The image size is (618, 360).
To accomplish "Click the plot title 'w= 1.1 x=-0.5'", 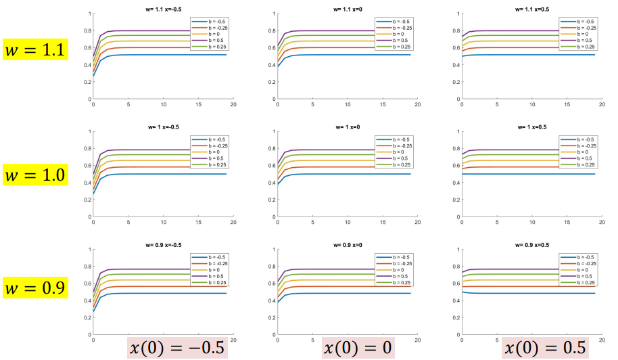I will [162, 9].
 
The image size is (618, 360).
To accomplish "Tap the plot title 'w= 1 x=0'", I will [348, 127].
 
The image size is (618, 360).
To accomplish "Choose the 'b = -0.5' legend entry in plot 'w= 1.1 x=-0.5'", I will [212, 22].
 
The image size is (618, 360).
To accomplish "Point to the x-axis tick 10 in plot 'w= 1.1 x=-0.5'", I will [163, 106].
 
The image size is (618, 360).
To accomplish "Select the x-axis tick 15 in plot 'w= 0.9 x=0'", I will [383, 340].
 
